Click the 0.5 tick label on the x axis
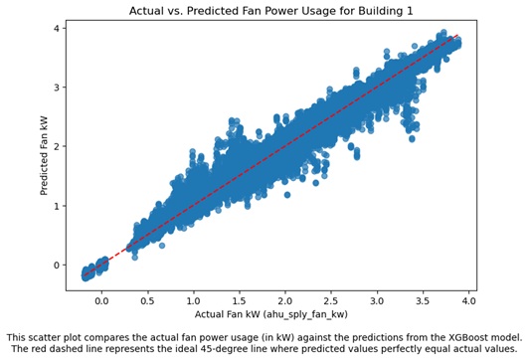pos(147,298)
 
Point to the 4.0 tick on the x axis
pos(467,298)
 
